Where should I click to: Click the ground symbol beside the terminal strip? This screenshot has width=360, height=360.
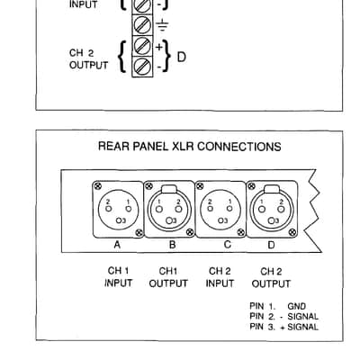point(162,25)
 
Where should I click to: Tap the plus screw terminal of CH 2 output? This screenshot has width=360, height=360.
point(142,46)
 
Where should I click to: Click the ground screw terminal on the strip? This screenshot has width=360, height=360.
point(142,25)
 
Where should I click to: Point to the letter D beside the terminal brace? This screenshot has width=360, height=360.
point(182,57)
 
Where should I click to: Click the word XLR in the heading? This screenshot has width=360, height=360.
point(183,147)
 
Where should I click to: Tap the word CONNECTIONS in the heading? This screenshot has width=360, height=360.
point(239,147)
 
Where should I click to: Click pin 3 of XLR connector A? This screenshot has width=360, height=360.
point(119,220)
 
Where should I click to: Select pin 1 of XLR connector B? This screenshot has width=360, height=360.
point(160,209)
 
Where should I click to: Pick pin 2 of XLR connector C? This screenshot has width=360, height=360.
point(211,208)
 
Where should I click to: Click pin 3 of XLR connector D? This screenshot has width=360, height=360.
point(272,220)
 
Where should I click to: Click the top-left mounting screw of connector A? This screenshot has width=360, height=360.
point(97,186)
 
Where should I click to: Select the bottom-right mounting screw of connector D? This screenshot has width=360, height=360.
point(293,232)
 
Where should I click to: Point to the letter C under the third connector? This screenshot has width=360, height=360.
point(228,245)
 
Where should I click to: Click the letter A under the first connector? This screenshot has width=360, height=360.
point(117,245)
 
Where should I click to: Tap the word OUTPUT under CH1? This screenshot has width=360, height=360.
point(168,283)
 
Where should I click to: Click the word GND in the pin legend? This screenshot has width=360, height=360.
point(297,306)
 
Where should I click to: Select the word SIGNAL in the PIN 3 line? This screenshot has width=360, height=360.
point(303,327)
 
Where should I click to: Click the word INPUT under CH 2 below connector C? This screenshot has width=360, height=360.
point(220,283)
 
